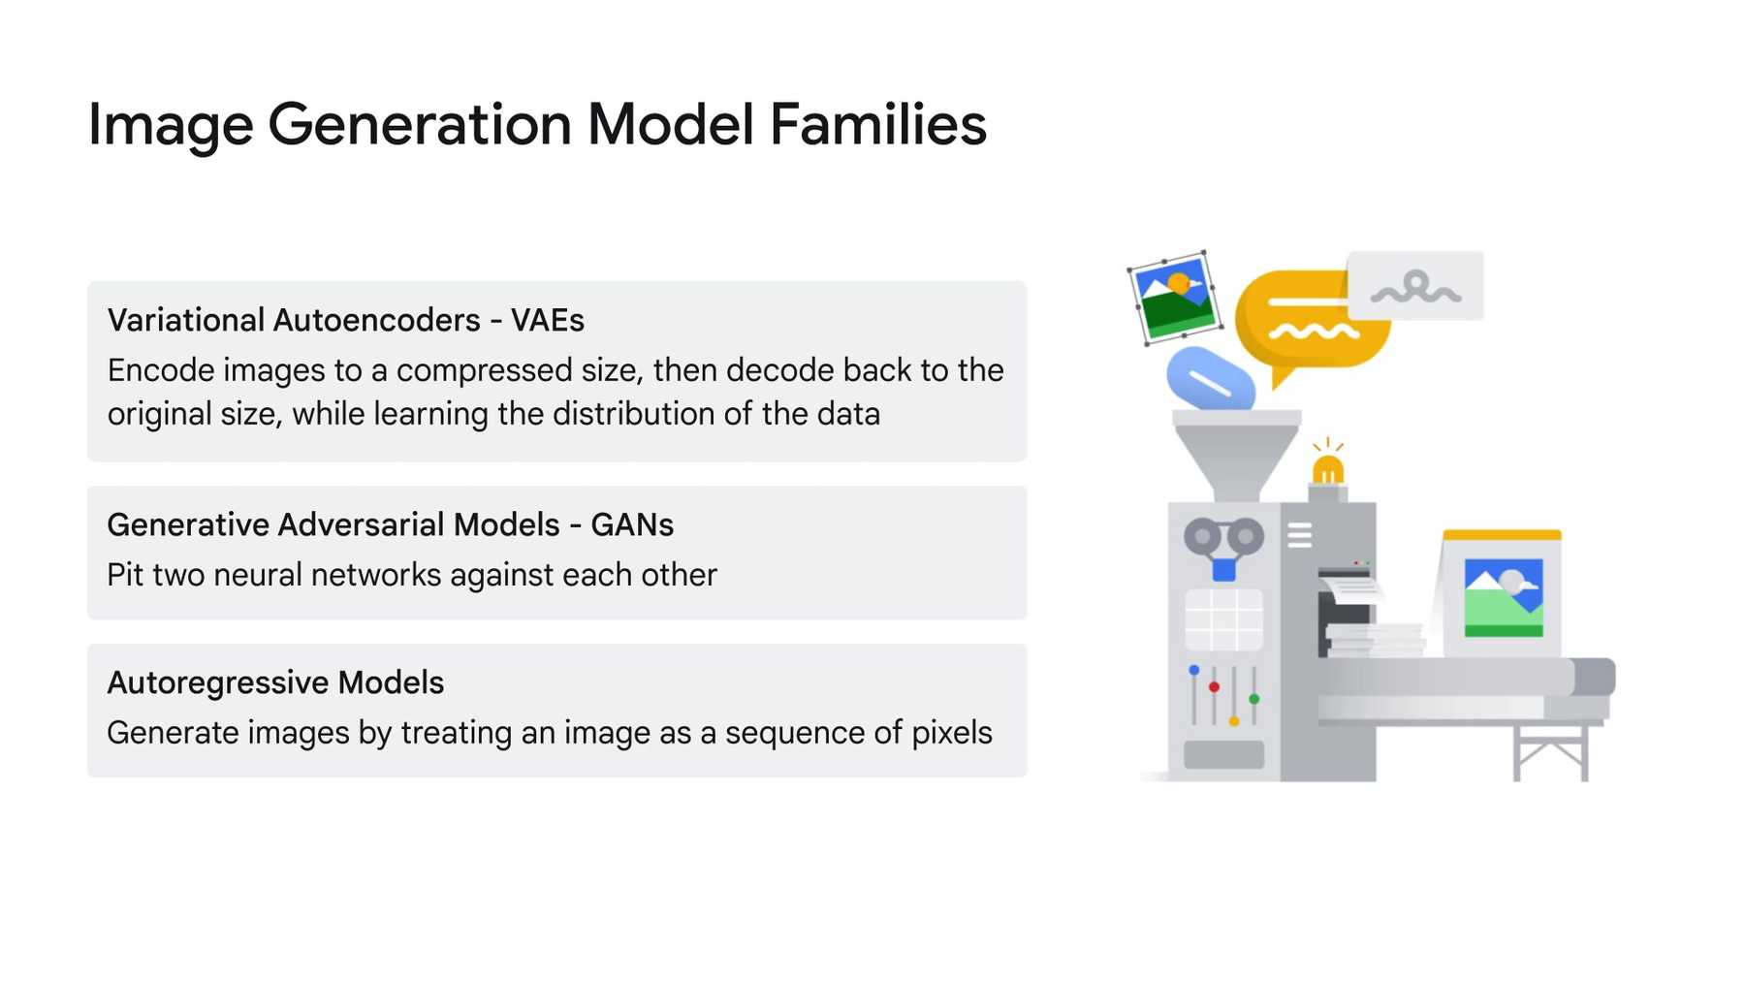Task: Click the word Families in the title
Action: coord(877,125)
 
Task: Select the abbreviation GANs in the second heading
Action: coord(632,524)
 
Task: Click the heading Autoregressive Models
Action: coord(275,682)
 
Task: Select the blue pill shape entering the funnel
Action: coord(1211,379)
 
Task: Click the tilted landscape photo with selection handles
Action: coord(1175,297)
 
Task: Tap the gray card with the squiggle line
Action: coord(1415,286)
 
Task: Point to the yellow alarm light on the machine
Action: coord(1327,470)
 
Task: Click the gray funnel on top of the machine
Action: coord(1236,456)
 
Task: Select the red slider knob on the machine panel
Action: coord(1214,686)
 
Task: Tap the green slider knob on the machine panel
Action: coord(1253,699)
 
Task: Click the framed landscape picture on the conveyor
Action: coord(1502,596)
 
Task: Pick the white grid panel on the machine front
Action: coord(1223,619)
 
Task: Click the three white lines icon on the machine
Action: coord(1299,535)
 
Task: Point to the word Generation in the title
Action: coord(419,125)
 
